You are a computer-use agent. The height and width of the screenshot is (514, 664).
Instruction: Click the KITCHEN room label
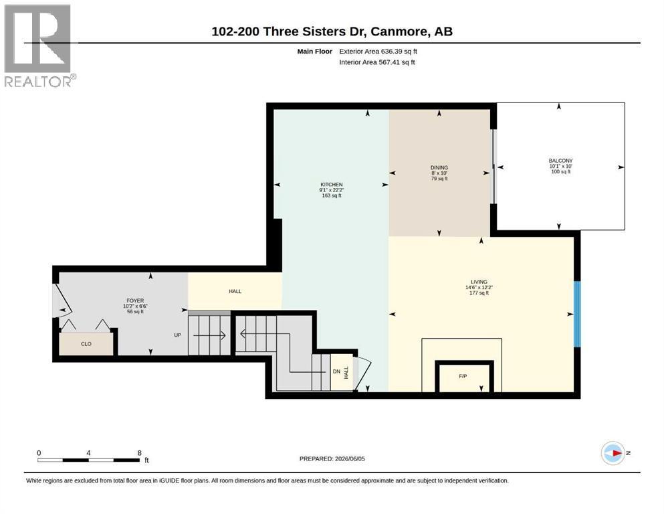tap(332, 184)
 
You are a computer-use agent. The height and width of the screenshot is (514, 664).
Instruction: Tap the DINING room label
tap(439, 167)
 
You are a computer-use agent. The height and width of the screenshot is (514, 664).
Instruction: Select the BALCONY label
tap(560, 161)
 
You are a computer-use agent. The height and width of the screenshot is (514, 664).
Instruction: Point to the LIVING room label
tap(479, 282)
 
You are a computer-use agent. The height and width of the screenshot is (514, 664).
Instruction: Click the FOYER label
tap(135, 301)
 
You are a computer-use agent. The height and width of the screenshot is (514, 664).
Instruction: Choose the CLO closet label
tap(86, 343)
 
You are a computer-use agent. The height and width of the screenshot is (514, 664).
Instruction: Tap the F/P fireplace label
tap(463, 376)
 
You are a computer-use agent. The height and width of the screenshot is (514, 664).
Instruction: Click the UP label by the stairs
tap(177, 335)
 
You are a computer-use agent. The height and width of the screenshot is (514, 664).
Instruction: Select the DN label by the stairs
tap(336, 371)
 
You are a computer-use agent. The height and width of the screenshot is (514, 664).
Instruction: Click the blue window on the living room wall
tap(577, 314)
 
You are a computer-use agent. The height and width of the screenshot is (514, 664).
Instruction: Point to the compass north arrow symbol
tap(613, 453)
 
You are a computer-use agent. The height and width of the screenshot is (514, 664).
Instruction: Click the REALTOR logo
tap(39, 46)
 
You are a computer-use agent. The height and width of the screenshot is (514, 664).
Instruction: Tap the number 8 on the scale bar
tap(139, 452)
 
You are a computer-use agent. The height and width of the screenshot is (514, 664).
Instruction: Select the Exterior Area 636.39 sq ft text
tap(378, 52)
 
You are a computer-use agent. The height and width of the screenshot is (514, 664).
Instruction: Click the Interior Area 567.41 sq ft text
tap(377, 62)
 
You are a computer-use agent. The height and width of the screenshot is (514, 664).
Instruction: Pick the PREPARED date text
tap(332, 458)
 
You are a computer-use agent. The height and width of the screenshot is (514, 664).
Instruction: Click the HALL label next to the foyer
tap(235, 291)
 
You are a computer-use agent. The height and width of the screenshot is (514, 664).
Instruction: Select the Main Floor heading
tap(315, 52)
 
